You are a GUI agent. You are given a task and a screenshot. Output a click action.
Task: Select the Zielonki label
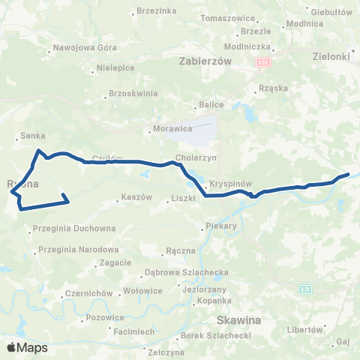[x=330, y=55]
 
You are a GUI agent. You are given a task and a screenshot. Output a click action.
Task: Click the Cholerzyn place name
[x=196, y=158]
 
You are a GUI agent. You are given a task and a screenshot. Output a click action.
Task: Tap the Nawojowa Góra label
[x=85, y=47]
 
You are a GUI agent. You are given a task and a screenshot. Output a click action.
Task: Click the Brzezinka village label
[x=157, y=11]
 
